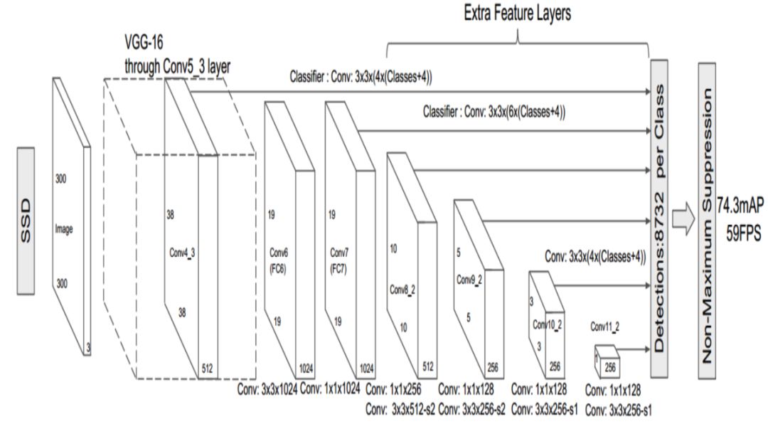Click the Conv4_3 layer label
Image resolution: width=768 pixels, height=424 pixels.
click(x=182, y=252)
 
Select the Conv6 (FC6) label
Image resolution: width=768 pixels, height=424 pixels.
click(x=278, y=258)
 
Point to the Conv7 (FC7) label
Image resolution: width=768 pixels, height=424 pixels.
click(x=341, y=258)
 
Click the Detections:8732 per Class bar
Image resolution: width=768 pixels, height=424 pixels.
click(x=660, y=220)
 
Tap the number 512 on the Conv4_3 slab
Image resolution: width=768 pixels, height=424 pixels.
click(x=207, y=367)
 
